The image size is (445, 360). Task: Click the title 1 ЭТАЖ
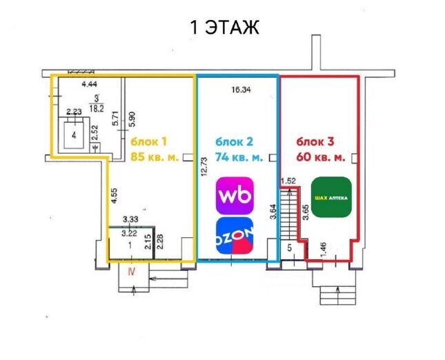pyautogui.click(x=225, y=28)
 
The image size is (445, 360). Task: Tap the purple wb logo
pyautogui.click(x=235, y=195)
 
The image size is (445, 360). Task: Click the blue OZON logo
pyautogui.click(x=235, y=235)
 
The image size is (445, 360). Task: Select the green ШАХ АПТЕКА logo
pyautogui.click(x=331, y=197)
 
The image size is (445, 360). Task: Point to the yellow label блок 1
pyautogui.click(x=148, y=141)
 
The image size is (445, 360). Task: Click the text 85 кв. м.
pyautogui.click(x=155, y=157)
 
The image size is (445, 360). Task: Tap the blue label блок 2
pyautogui.click(x=234, y=141)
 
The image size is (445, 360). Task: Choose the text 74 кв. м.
pyautogui.click(x=239, y=157)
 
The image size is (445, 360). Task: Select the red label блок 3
pyautogui.click(x=315, y=141)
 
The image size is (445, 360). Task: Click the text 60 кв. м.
pyautogui.click(x=321, y=157)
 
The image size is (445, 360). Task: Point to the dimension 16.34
pyautogui.click(x=241, y=90)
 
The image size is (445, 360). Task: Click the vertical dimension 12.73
pyautogui.click(x=204, y=167)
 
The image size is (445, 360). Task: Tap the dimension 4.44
pyautogui.click(x=90, y=84)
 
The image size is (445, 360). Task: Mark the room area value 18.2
pyautogui.click(x=97, y=108)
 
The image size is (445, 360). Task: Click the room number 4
pyautogui.click(x=74, y=135)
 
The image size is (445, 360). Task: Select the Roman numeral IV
pyautogui.click(x=131, y=272)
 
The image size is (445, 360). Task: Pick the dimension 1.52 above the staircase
pyautogui.click(x=288, y=181)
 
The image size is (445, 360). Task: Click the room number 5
pyautogui.click(x=290, y=248)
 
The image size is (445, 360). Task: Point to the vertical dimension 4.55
pyautogui.click(x=114, y=196)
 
